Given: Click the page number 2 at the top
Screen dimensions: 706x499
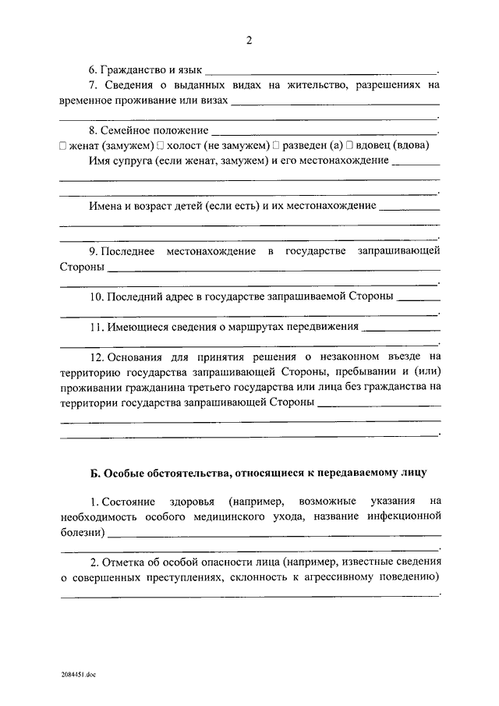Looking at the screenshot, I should (249, 41).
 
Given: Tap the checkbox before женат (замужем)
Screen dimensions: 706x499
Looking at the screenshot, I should (63, 145).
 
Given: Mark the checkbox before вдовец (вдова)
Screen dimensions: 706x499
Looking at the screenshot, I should (351, 145).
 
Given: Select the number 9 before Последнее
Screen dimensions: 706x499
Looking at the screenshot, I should (92, 250).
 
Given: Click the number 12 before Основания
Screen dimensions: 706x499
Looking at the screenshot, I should (96, 357).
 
